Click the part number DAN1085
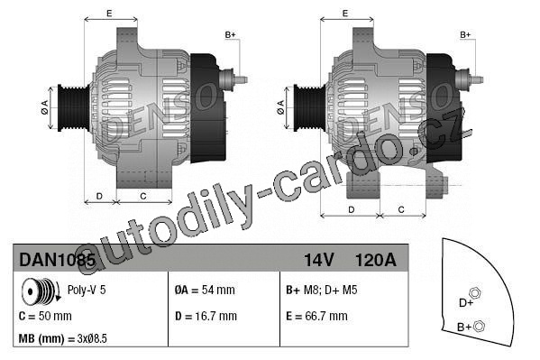[x=57, y=260]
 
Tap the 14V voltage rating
[x=318, y=260]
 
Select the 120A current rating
[x=375, y=260]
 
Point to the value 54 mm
[x=218, y=290]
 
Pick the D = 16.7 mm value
[x=206, y=316]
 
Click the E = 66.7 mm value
[x=316, y=316]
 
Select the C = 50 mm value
[x=45, y=316]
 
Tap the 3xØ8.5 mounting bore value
[x=92, y=338]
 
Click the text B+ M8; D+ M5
[x=321, y=290]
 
